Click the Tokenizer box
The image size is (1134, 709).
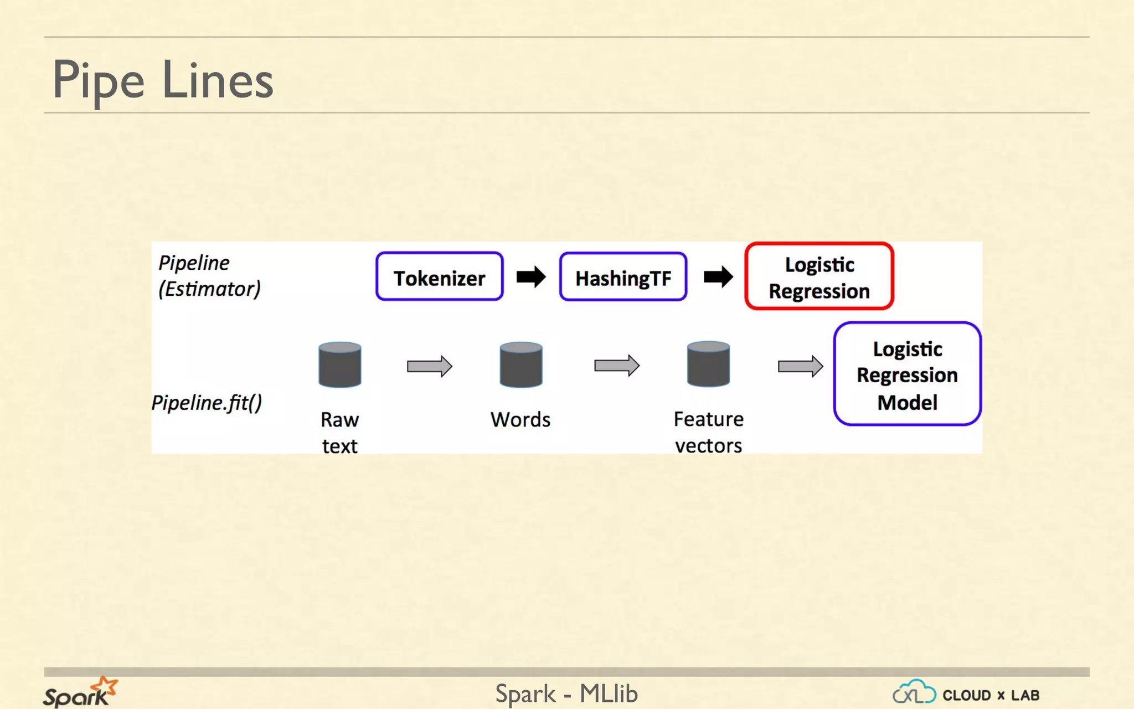pyautogui.click(x=439, y=277)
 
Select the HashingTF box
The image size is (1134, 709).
pyautogui.click(x=623, y=277)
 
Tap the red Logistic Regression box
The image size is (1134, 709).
pyautogui.click(x=819, y=276)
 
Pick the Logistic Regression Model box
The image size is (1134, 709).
pyautogui.click(x=907, y=374)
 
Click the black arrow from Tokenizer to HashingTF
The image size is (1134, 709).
pyautogui.click(x=531, y=276)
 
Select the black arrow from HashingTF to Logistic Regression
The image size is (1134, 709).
pyautogui.click(x=718, y=276)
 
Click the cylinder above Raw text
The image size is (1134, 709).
pyautogui.click(x=340, y=364)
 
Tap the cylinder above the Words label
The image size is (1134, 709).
pyautogui.click(x=520, y=364)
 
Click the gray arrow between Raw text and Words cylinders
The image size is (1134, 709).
pyautogui.click(x=430, y=366)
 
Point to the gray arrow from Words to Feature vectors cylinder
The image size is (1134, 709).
pyautogui.click(x=617, y=366)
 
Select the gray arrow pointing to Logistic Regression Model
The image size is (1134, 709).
pyautogui.click(x=800, y=366)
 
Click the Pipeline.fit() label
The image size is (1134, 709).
pyautogui.click(x=207, y=403)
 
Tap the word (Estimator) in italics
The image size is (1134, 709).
pyautogui.click(x=209, y=289)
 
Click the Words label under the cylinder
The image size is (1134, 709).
pyautogui.click(x=520, y=420)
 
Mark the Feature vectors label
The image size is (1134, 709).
pyautogui.click(x=708, y=433)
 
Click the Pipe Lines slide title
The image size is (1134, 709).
pyautogui.click(x=163, y=80)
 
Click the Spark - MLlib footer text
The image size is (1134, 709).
pyautogui.click(x=566, y=693)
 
